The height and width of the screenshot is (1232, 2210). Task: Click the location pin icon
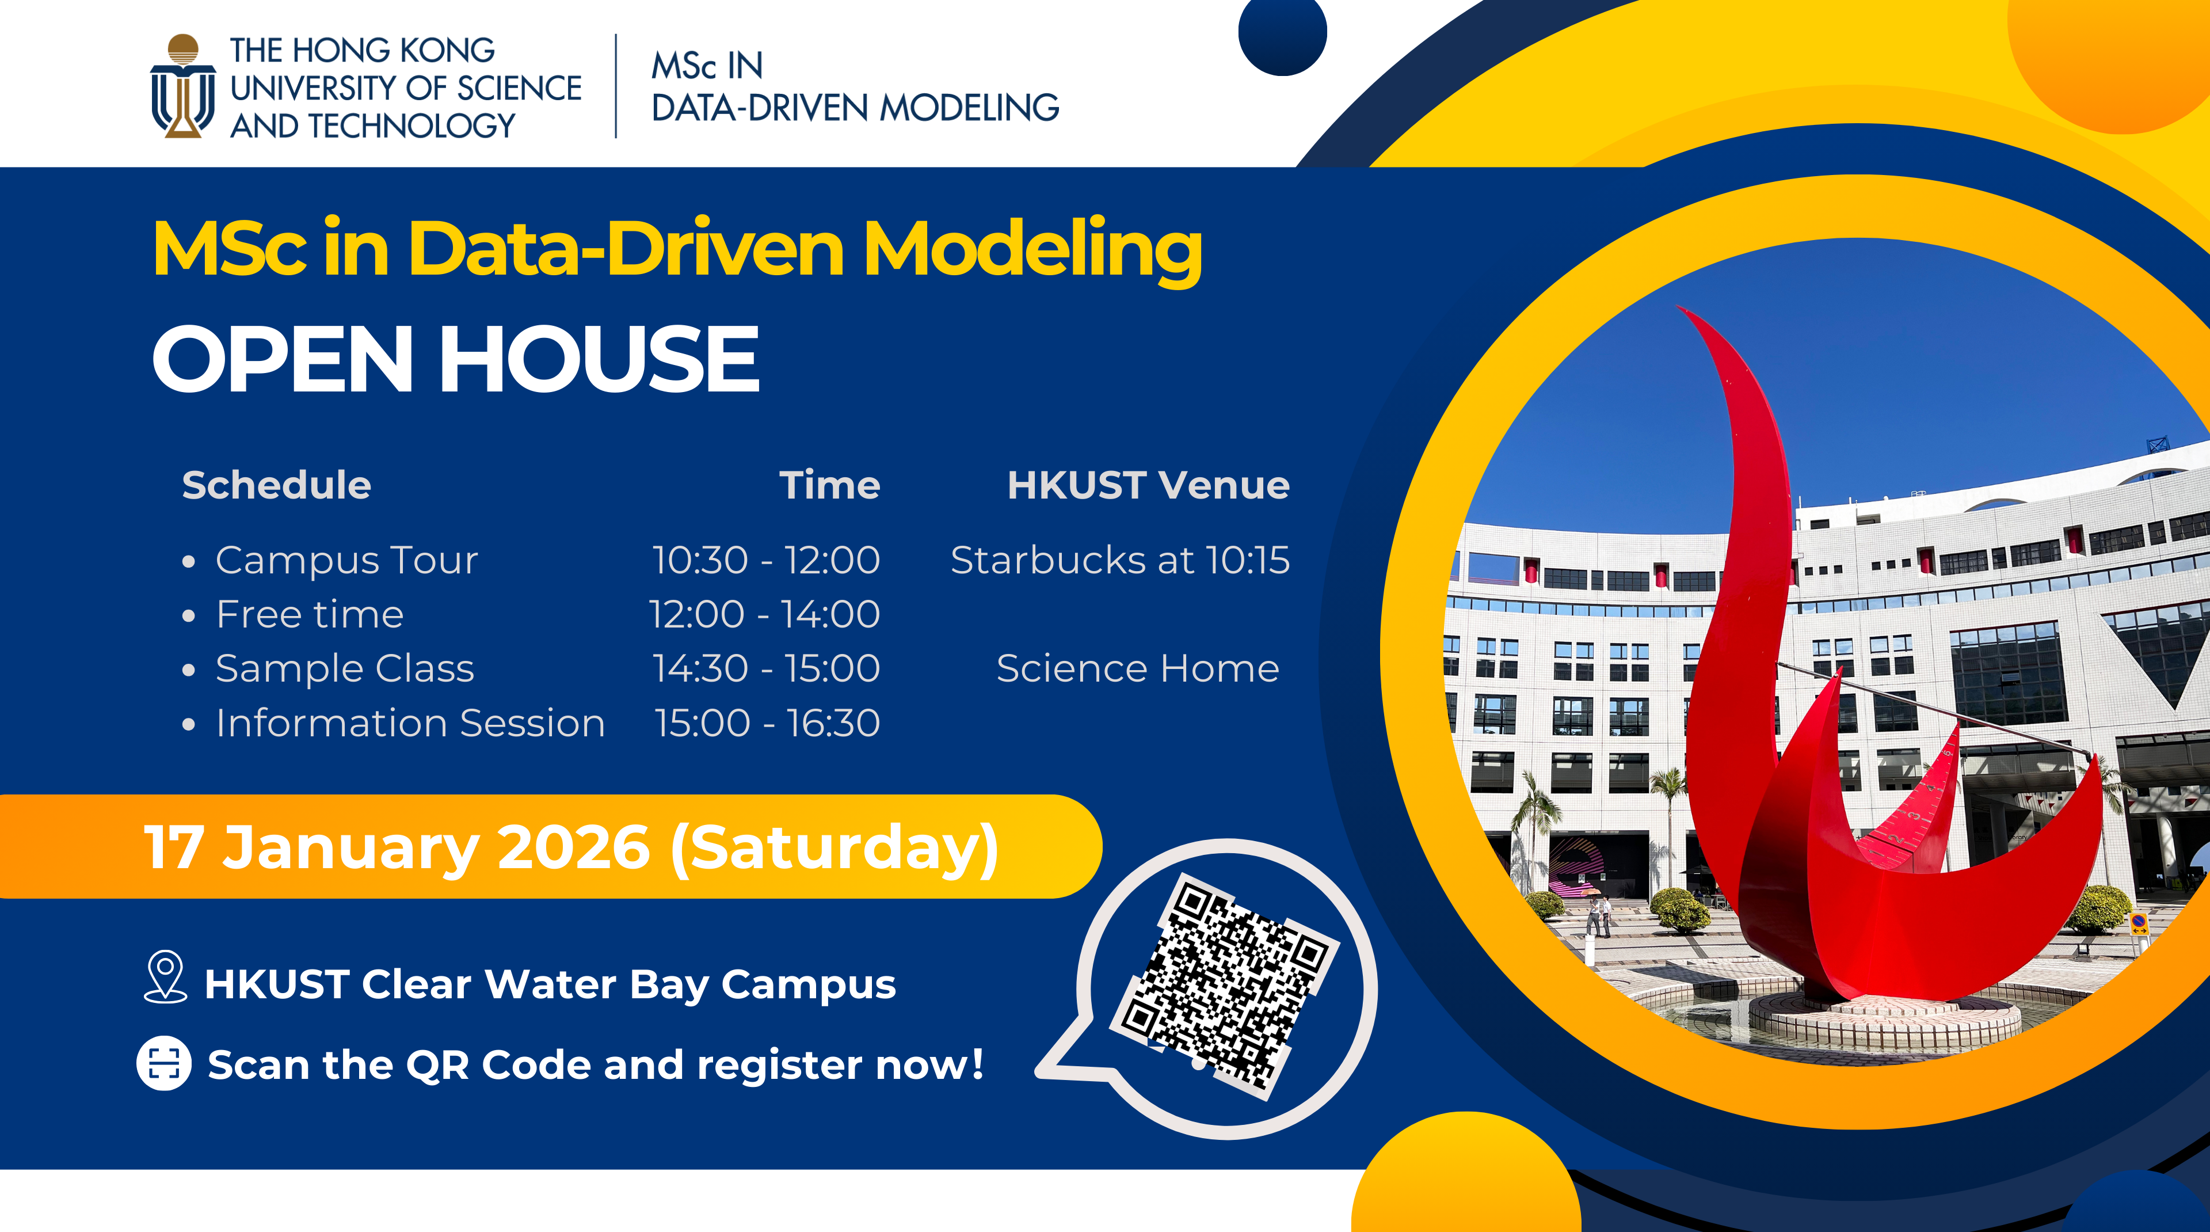[166, 977]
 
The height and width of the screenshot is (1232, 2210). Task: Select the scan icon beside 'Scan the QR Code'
[164, 1064]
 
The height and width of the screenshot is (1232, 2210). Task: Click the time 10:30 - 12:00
[765, 560]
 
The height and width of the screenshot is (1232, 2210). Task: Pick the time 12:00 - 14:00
[764, 614]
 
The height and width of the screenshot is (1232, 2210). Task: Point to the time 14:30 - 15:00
[765, 668]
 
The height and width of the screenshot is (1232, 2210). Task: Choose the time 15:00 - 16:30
[767, 723]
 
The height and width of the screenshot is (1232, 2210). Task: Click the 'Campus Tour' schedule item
[346, 560]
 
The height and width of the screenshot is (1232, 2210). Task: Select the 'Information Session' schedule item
[410, 723]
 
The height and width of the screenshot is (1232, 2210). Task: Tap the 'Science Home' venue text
[1138, 668]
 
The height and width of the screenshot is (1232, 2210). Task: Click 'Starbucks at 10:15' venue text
[1119, 560]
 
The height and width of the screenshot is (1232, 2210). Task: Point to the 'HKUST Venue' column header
[1148, 485]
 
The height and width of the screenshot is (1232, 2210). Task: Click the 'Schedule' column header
[276, 485]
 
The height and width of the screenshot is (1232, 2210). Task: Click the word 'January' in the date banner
[350, 847]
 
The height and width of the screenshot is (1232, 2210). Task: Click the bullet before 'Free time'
[189, 616]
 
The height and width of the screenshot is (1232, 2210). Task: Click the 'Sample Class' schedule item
[344, 668]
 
